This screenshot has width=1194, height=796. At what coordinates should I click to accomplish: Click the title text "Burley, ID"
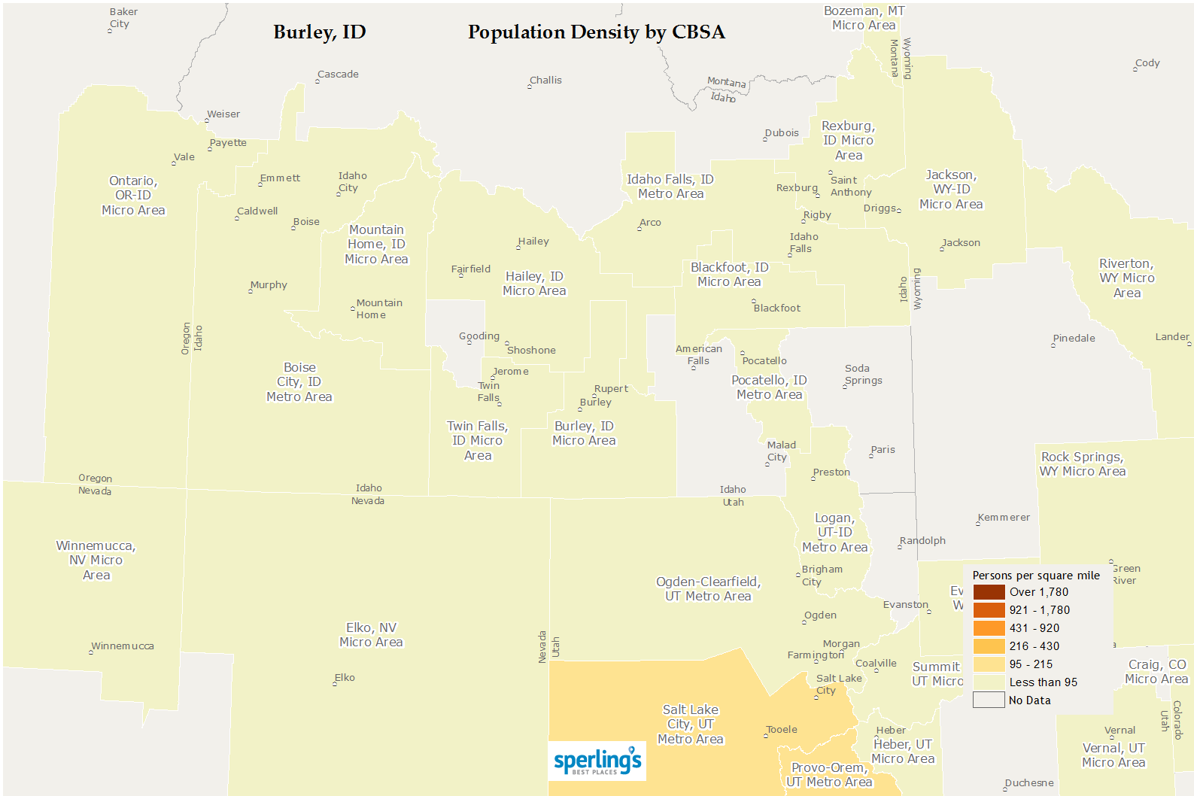click(x=319, y=32)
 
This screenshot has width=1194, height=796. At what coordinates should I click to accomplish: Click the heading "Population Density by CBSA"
click(x=596, y=32)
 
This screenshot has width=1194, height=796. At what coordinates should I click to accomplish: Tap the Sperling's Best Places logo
click(x=597, y=761)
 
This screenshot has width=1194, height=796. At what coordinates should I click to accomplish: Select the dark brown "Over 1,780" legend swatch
click(x=989, y=592)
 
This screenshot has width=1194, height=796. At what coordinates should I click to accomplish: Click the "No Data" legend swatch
click(x=989, y=700)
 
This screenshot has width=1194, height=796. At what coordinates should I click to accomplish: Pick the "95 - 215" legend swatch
click(x=989, y=664)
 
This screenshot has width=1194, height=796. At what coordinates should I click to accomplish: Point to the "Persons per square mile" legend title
click(x=1036, y=576)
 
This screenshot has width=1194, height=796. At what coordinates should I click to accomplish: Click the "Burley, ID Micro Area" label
click(x=584, y=433)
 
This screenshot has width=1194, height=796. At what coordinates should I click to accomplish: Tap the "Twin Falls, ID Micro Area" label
click(x=477, y=440)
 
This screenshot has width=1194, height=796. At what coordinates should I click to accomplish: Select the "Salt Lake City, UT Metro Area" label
click(x=690, y=725)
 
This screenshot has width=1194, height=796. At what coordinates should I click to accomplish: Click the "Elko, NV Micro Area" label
click(x=371, y=635)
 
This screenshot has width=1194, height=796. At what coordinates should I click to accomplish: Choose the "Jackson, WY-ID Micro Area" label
click(x=951, y=190)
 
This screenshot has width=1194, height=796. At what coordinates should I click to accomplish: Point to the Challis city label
click(x=545, y=81)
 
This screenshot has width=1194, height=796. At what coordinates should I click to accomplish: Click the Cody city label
click(x=1147, y=63)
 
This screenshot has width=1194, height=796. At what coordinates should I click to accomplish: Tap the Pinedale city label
click(x=1074, y=339)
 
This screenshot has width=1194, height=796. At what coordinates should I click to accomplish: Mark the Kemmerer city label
click(x=1004, y=518)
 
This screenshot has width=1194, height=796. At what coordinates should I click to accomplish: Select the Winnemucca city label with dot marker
click(x=122, y=646)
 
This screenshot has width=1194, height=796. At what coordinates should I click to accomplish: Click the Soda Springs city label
click(x=862, y=375)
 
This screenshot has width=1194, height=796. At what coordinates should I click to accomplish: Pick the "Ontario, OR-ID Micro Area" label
click(x=133, y=196)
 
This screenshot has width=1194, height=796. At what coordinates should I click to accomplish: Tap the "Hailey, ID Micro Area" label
click(x=534, y=284)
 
